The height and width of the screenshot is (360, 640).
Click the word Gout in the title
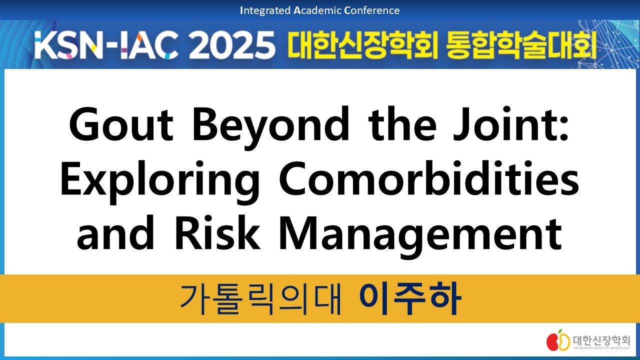(x=121, y=124)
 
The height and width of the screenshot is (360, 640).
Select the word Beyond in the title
(x=271, y=128)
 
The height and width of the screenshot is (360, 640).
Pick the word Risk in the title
(x=217, y=233)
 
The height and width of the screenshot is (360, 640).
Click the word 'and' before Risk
(x=115, y=233)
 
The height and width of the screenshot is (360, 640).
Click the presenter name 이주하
(x=409, y=298)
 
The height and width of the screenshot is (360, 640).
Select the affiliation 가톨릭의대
(x=260, y=299)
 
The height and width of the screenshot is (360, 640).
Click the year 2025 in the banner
(x=232, y=45)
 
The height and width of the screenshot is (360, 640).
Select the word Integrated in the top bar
(x=265, y=10)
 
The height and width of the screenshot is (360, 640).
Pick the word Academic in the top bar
(x=317, y=10)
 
